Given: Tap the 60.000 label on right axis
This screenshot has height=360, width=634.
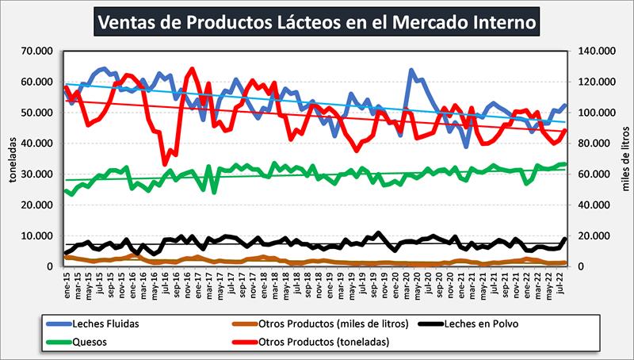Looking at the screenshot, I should pyautogui.click(x=597, y=174).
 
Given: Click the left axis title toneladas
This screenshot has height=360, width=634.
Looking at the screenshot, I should pyautogui.click(x=11, y=159).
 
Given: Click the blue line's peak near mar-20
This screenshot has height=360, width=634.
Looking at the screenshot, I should pyautogui.click(x=411, y=71).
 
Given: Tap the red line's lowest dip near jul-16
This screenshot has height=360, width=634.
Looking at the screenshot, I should pyautogui.click(x=165, y=164).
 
